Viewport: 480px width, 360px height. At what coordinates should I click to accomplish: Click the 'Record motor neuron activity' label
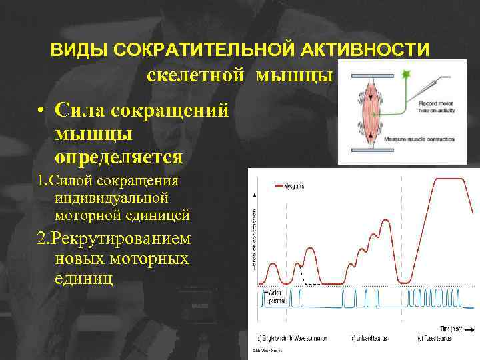[437, 107]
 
